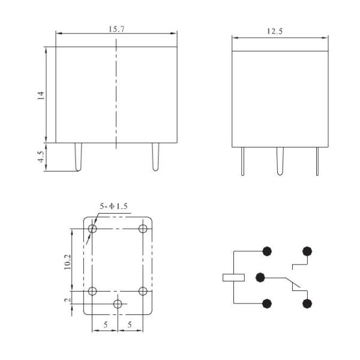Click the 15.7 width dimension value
(116, 28)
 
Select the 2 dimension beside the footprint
(68, 299)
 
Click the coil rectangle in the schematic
(233, 277)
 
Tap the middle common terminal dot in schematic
(260, 277)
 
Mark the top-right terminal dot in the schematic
(308, 251)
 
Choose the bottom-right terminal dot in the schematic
(308, 304)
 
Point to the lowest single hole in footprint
(118, 305)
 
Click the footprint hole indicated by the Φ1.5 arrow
(92, 229)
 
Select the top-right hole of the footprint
(143, 229)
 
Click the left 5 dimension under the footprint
(105, 325)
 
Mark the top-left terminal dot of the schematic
(266, 251)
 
